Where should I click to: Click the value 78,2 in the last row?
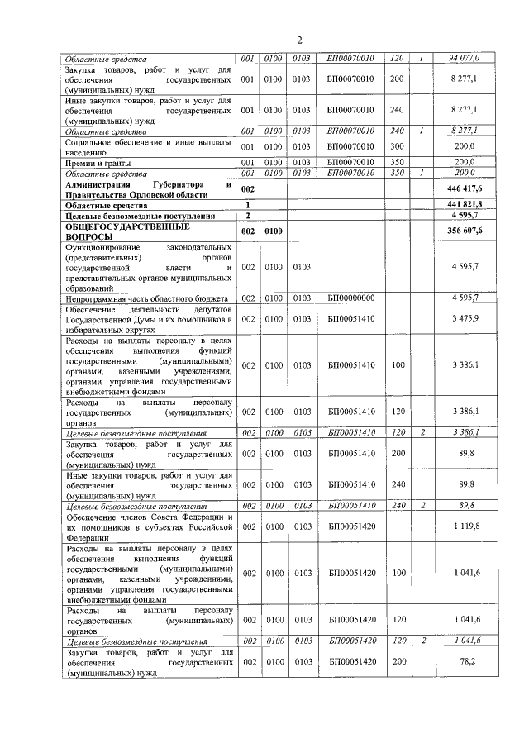(473, 662)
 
